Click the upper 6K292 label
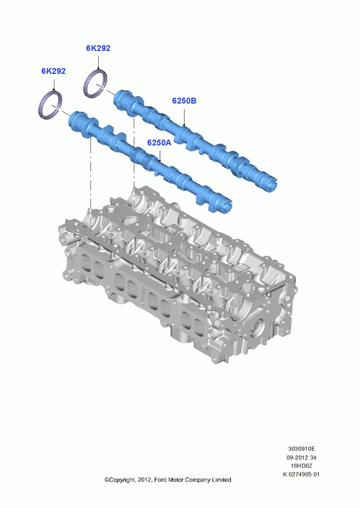coord(98,48)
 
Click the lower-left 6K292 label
coord(53,71)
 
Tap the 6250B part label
coord(184,101)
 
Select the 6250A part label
coord(159,143)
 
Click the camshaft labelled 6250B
coord(195,139)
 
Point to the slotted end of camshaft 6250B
coord(271,186)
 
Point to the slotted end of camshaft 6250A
coord(226,206)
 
